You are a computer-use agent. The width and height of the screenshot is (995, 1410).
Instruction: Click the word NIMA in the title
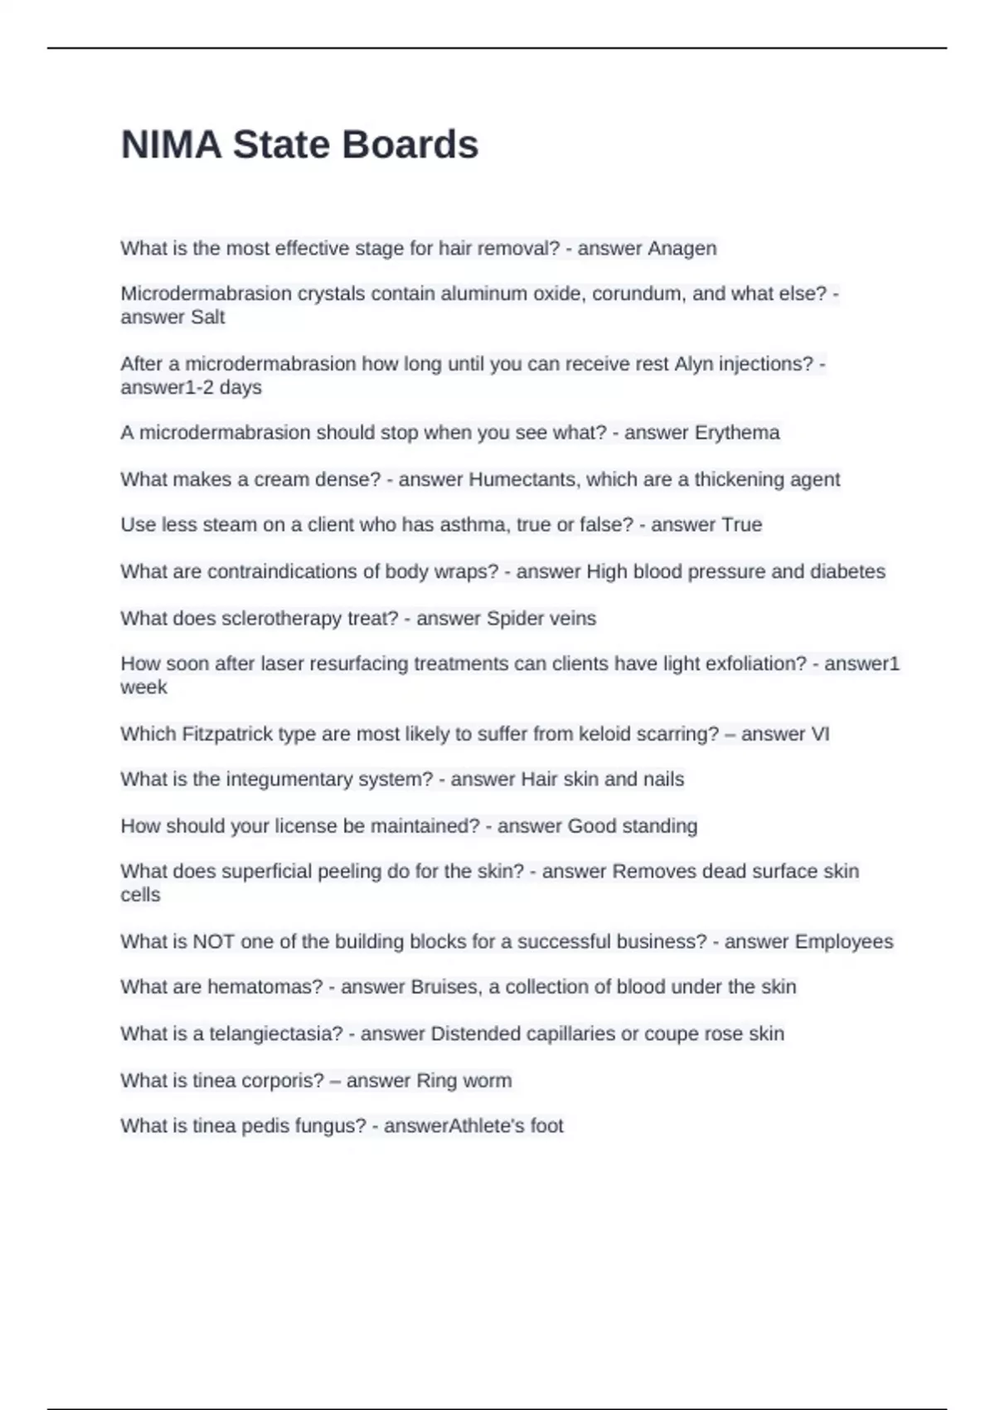[171, 145]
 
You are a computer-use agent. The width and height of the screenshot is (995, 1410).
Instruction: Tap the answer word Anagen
[682, 248]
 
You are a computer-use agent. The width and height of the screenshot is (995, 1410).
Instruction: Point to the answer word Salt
[207, 317]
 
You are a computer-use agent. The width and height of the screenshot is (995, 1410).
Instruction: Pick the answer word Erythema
[737, 433]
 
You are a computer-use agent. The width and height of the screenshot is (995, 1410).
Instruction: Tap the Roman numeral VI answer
[819, 734]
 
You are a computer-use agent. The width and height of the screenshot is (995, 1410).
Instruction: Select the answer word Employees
[844, 941]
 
